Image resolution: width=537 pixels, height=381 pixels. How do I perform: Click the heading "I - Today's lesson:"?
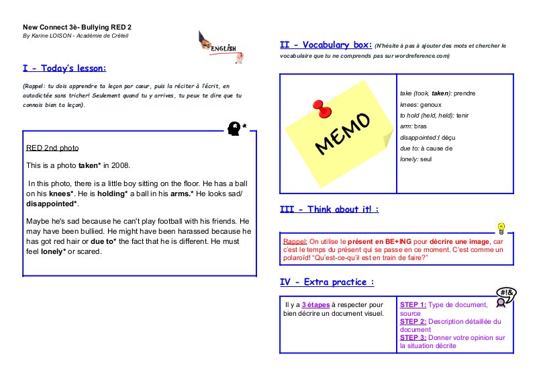[x=64, y=68]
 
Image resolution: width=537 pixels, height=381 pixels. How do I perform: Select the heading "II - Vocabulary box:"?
[x=326, y=45]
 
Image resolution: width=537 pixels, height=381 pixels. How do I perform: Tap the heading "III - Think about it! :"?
[x=329, y=210]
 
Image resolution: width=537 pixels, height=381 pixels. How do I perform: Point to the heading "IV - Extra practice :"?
[x=326, y=282]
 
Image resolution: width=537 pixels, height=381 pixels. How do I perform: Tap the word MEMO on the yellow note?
[x=342, y=134]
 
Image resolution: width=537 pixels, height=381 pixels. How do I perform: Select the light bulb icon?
[x=500, y=228]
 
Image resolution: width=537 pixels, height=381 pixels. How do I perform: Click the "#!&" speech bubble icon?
[x=507, y=294]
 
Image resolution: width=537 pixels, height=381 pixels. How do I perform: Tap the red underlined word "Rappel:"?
[x=296, y=240]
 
